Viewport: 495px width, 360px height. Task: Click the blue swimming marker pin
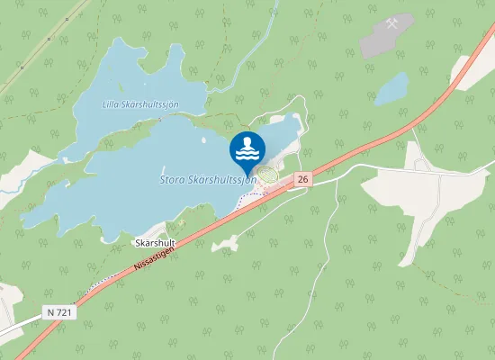[247, 151]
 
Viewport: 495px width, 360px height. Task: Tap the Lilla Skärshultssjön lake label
[140, 104]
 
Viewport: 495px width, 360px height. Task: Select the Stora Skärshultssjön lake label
[208, 180]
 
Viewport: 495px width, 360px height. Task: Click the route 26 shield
[302, 180]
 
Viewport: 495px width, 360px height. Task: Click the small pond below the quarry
[391, 88]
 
